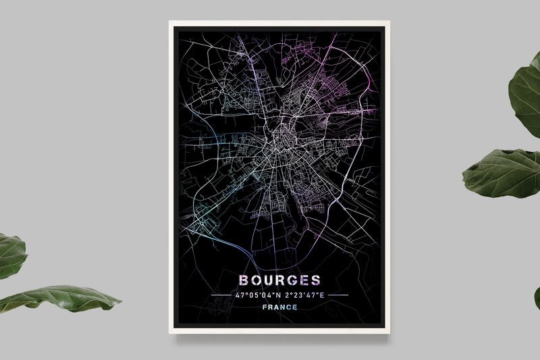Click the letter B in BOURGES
(x=243, y=280)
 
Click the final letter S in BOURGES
(x=316, y=280)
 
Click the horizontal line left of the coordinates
(x=221, y=295)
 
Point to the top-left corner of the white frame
(x=170, y=22)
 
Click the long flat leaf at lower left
(x=64, y=298)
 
